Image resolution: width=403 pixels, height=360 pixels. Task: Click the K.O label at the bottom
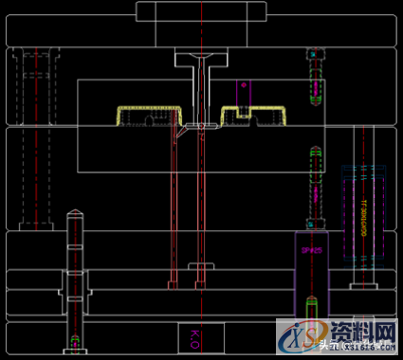click(x=194, y=335)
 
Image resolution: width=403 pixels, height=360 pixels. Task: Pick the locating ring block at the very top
click(x=200, y=11)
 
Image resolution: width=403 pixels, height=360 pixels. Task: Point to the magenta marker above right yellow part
click(x=244, y=86)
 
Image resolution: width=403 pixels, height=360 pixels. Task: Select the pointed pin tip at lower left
click(x=74, y=213)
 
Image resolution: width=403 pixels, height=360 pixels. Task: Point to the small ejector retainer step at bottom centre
click(x=197, y=266)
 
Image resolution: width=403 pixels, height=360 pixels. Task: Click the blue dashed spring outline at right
click(x=364, y=213)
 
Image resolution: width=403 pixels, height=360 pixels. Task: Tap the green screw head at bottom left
click(x=75, y=338)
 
